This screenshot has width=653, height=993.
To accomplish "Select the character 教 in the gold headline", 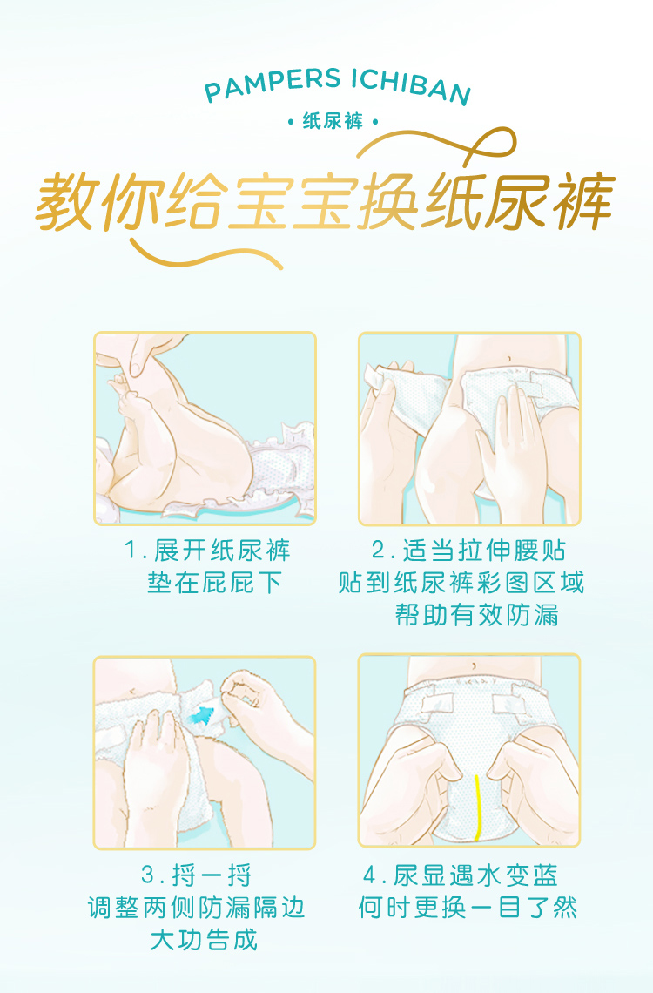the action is [66, 200].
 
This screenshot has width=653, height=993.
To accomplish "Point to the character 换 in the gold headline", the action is [388, 201].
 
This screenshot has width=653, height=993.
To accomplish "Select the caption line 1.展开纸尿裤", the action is [207, 551].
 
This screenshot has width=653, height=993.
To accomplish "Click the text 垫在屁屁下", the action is [214, 583].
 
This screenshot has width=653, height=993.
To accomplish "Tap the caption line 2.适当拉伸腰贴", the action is [468, 551].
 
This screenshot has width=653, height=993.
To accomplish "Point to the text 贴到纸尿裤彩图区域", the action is [461, 583].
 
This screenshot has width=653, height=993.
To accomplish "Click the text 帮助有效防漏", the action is [477, 615].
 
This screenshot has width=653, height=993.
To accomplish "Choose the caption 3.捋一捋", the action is [197, 875].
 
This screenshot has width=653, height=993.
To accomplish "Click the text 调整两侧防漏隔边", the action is [197, 908].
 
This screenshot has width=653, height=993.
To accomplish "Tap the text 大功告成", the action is [205, 940].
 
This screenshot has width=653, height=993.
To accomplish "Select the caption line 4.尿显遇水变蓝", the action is [461, 875].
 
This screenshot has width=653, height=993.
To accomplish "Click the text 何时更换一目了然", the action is [468, 908].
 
